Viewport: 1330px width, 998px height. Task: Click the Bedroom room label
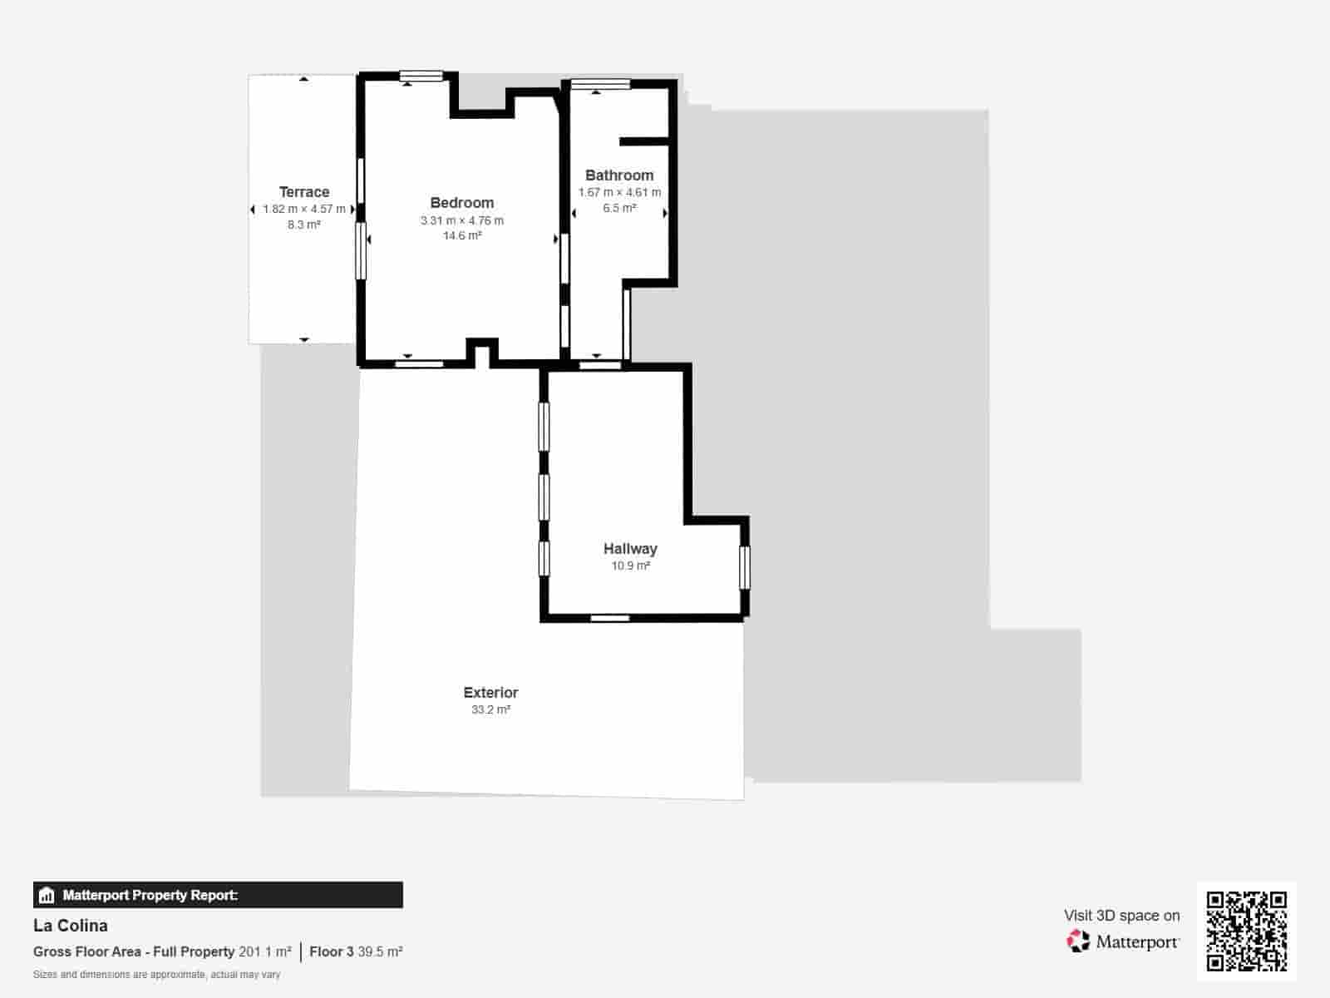[x=462, y=203]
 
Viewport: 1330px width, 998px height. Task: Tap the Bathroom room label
[x=619, y=175]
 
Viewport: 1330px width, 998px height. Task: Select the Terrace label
[x=304, y=192]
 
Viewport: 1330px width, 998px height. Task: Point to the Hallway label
[x=630, y=549]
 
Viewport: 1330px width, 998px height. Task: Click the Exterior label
[x=490, y=693]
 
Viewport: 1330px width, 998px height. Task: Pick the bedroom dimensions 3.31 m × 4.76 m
[x=462, y=220]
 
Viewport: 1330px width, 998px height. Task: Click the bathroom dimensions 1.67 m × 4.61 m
[x=619, y=192]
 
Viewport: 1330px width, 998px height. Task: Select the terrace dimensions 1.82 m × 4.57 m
[x=304, y=209]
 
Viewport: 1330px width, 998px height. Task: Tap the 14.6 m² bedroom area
[x=462, y=236]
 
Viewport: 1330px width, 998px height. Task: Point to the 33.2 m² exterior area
[x=490, y=709]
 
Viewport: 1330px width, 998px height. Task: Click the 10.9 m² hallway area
[x=630, y=566]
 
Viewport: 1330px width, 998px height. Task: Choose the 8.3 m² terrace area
[x=304, y=225]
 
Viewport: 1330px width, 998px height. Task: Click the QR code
[x=1246, y=931]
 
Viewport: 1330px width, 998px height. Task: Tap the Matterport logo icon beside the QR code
[x=1078, y=941]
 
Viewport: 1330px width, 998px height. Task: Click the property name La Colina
[x=71, y=926]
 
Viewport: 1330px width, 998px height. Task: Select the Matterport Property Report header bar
[x=218, y=895]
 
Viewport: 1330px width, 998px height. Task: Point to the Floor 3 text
[x=332, y=951]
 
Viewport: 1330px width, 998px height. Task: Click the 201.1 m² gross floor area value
[x=265, y=951]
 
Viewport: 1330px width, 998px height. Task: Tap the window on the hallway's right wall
[x=745, y=567]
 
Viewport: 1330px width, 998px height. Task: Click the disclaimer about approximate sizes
[x=156, y=975]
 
